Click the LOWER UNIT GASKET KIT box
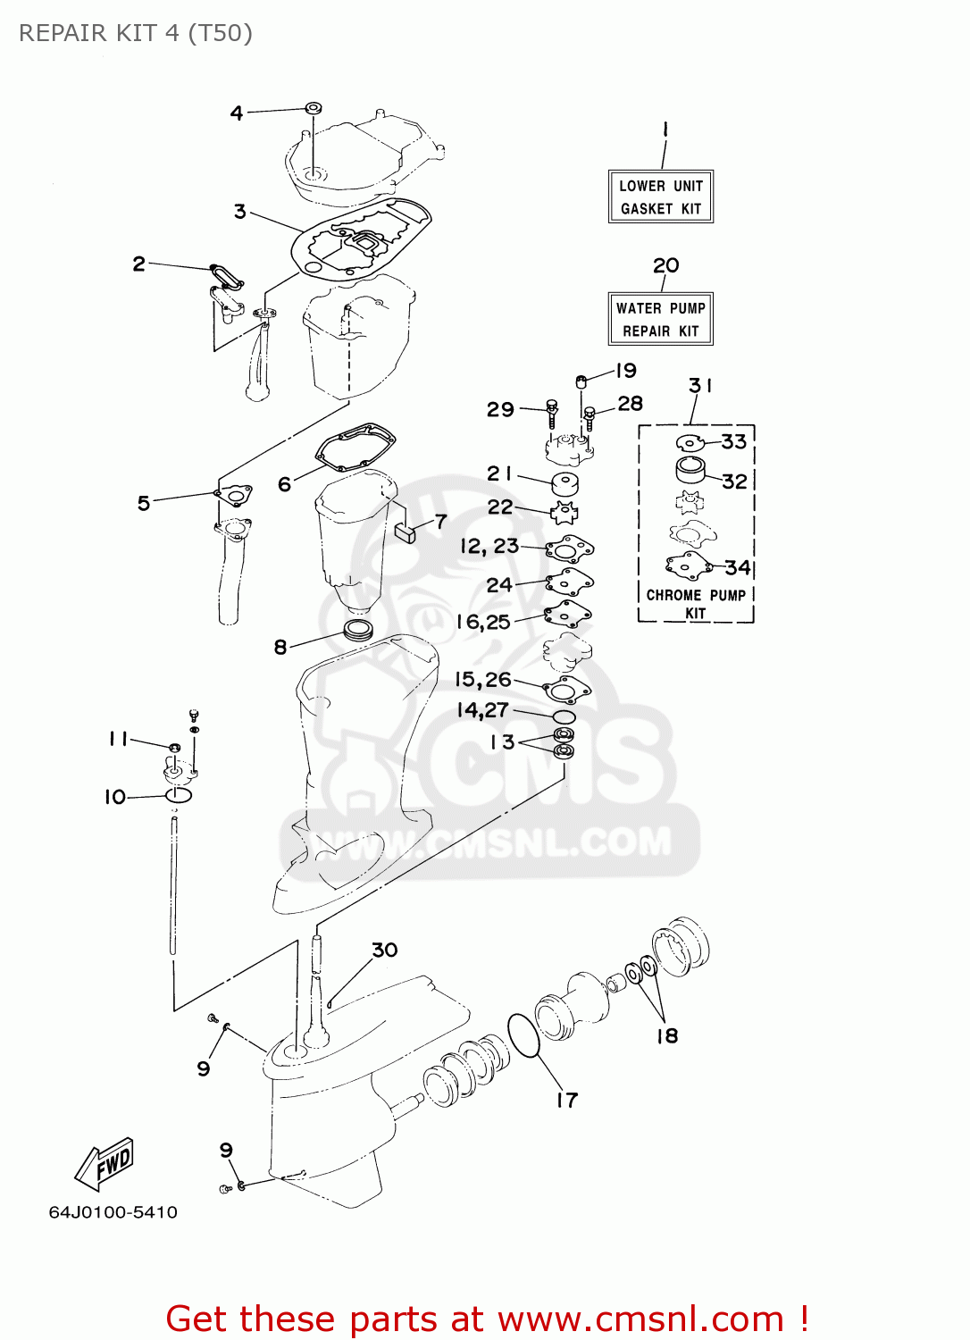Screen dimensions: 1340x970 tap(661, 197)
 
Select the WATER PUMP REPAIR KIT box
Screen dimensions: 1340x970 tap(661, 319)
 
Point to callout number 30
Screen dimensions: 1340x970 tap(385, 950)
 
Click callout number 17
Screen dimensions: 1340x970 tap(567, 1100)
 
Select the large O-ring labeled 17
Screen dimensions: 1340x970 tap(523, 1035)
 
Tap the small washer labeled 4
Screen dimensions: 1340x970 tap(314, 108)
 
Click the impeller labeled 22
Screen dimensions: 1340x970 tap(564, 514)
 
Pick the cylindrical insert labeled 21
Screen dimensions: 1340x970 tap(564, 484)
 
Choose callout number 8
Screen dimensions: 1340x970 tap(280, 646)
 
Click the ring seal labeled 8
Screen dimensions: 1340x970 tap(358, 628)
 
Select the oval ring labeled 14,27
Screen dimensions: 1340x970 tap(564, 716)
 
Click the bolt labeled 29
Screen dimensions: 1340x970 tap(552, 414)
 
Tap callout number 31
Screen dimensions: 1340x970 tap(700, 385)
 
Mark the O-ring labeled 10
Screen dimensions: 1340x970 tap(179, 795)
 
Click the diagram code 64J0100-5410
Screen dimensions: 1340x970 tap(113, 1212)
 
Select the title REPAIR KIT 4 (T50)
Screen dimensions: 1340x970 tap(136, 33)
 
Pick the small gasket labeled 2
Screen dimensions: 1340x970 tap(226, 274)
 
